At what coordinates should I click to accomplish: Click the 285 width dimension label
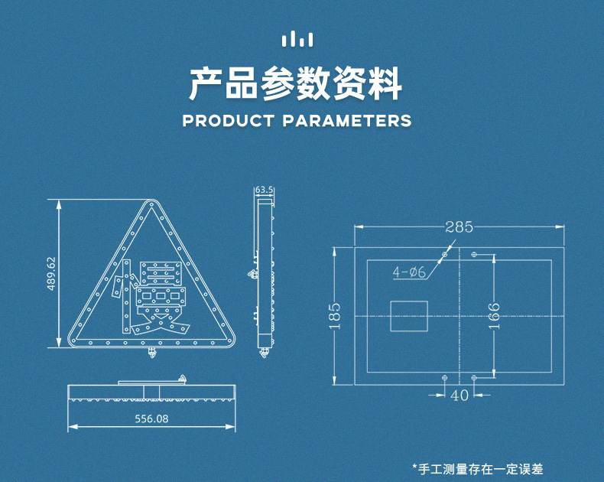[459, 227]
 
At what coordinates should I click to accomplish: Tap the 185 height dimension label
[335, 315]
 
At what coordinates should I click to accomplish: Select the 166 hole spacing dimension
[494, 314]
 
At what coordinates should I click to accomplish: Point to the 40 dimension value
[459, 396]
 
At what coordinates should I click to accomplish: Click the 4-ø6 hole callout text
[410, 272]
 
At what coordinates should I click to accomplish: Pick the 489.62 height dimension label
[51, 273]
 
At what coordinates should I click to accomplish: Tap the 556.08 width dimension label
[151, 418]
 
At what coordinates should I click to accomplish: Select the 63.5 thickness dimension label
[264, 189]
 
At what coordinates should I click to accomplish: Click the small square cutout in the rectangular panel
[409, 315]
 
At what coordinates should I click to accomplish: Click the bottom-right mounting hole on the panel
[474, 378]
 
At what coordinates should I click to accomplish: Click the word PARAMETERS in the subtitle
[347, 121]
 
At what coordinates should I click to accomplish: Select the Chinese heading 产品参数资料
[295, 84]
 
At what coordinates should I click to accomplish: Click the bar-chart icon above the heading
[297, 39]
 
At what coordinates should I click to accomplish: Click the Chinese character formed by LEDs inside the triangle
[153, 298]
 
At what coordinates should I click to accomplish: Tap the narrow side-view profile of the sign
[264, 275]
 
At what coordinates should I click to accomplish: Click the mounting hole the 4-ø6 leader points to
[445, 254]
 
